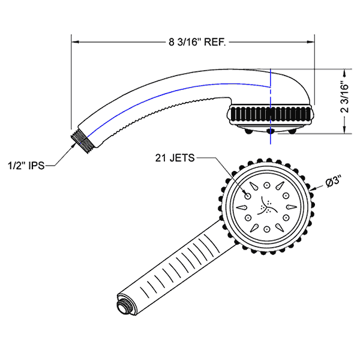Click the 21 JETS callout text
coord(175,158)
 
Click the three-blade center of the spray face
coord(266,208)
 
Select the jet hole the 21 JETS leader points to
coord(247,195)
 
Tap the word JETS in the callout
coord(182,158)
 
